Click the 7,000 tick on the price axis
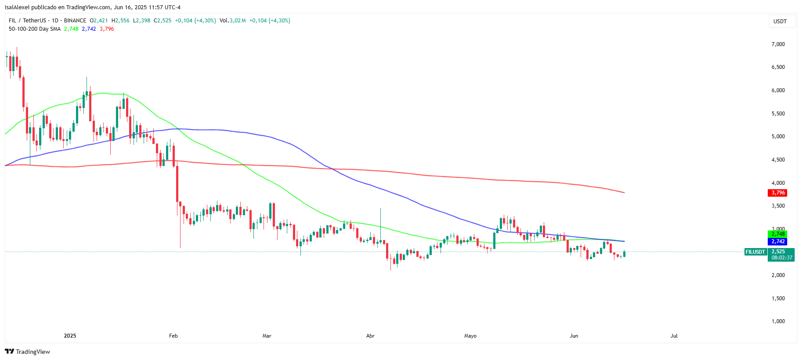coord(778,44)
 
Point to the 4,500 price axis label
coord(778,160)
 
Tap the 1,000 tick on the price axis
coord(778,321)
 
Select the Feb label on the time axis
coord(173,336)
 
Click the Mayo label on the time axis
coord(470,336)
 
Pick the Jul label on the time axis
coord(674,336)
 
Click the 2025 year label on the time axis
coord(70,336)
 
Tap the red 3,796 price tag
coord(778,193)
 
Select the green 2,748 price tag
coord(778,234)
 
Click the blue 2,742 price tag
coord(778,241)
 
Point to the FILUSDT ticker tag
coord(755,252)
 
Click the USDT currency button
coord(780,22)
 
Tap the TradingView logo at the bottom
coord(27,352)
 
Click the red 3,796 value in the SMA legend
coord(107,29)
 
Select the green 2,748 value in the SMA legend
coord(71,29)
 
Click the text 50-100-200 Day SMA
coord(35,29)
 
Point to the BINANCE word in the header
coord(75,21)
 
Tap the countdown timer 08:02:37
coord(782,258)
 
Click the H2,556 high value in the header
coord(120,21)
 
